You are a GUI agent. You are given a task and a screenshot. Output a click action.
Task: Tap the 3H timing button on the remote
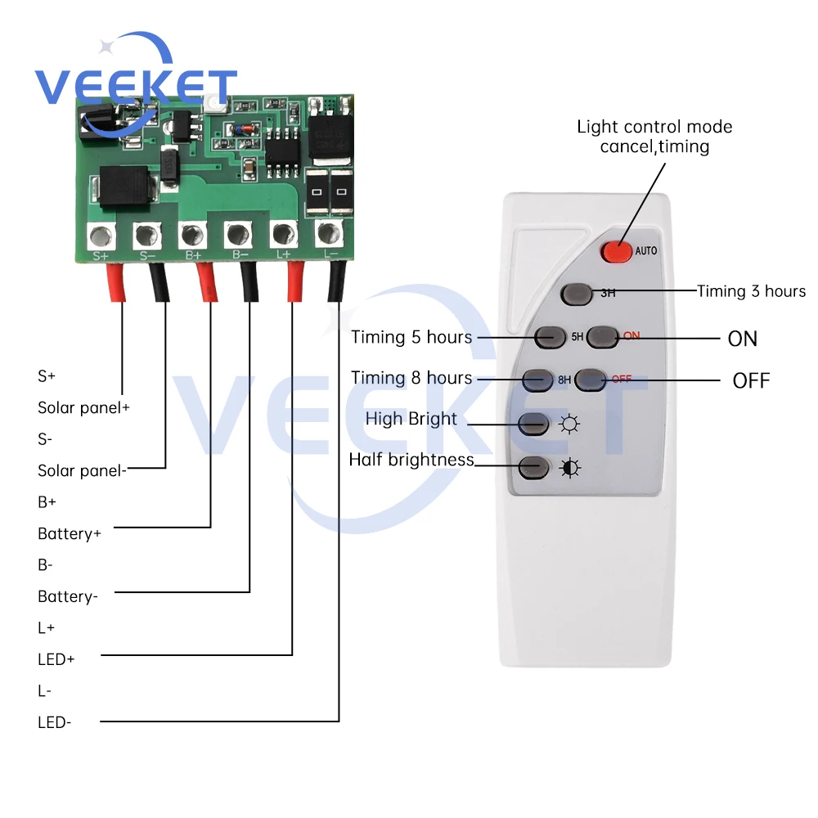tap(576, 292)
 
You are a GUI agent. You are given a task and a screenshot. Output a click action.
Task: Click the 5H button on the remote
tap(548, 335)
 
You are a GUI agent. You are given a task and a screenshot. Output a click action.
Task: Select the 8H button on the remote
tap(538, 379)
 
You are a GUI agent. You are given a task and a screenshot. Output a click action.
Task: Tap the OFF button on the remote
tap(590, 379)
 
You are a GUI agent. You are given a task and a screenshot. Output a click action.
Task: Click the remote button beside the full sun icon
tap(533, 424)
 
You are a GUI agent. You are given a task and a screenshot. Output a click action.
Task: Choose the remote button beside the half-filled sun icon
tap(533, 468)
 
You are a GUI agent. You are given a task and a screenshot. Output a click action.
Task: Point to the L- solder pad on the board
tap(328, 233)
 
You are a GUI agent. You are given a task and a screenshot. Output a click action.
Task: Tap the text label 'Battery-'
tap(68, 596)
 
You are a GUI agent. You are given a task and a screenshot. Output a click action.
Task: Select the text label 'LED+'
tap(56, 658)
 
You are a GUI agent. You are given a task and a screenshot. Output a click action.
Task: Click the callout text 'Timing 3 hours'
tap(751, 291)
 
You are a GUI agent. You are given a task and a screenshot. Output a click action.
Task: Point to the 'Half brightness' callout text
tap(411, 460)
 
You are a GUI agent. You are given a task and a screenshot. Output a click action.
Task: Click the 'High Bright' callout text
tap(411, 419)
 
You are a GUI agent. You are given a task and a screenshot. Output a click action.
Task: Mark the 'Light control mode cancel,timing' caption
tap(654, 137)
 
